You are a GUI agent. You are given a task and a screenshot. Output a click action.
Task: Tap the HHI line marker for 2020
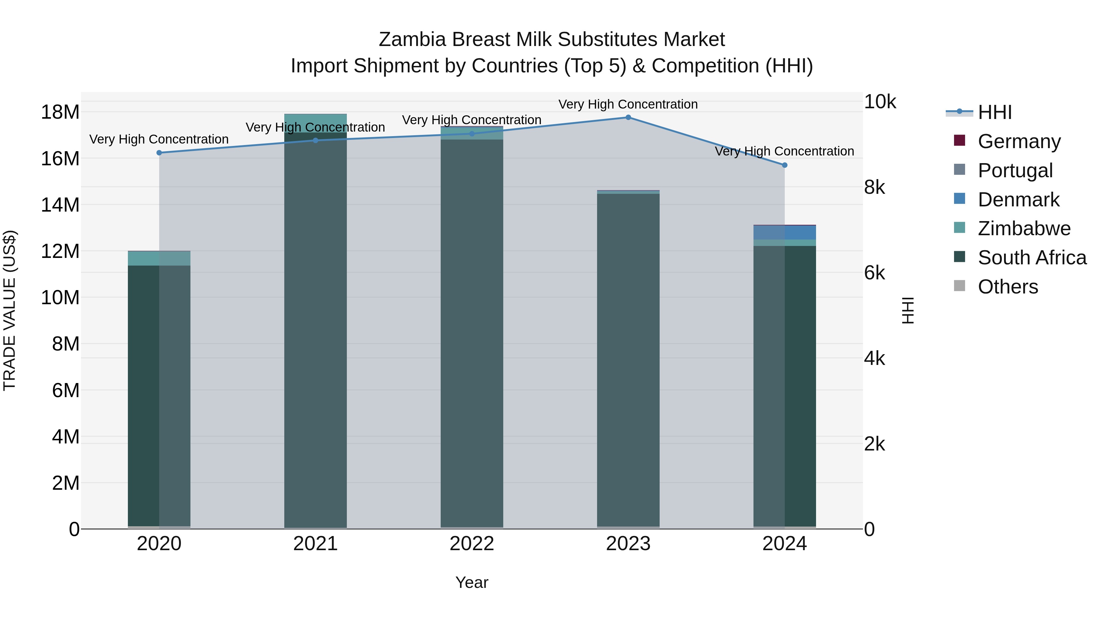coord(159,153)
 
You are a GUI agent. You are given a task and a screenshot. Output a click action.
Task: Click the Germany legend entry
coord(1019,141)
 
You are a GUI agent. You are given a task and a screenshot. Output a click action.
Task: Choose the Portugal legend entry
coord(1015,171)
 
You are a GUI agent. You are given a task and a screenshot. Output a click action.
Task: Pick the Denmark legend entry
coord(1018,200)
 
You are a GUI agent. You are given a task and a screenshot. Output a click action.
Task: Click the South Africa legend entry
coord(1032,258)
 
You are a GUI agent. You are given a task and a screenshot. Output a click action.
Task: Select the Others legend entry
coord(1008,287)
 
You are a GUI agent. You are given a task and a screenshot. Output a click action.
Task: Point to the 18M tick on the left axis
coord(60,112)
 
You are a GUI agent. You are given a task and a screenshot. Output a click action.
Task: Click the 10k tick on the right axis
coord(880,102)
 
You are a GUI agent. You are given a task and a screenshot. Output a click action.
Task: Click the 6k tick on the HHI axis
coord(874,273)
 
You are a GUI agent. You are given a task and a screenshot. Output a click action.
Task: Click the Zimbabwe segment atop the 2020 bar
coord(159,259)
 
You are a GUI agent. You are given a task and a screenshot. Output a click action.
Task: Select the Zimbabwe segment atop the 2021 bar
coord(316,123)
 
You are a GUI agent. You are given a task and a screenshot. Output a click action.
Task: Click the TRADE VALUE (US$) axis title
coord(10,310)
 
